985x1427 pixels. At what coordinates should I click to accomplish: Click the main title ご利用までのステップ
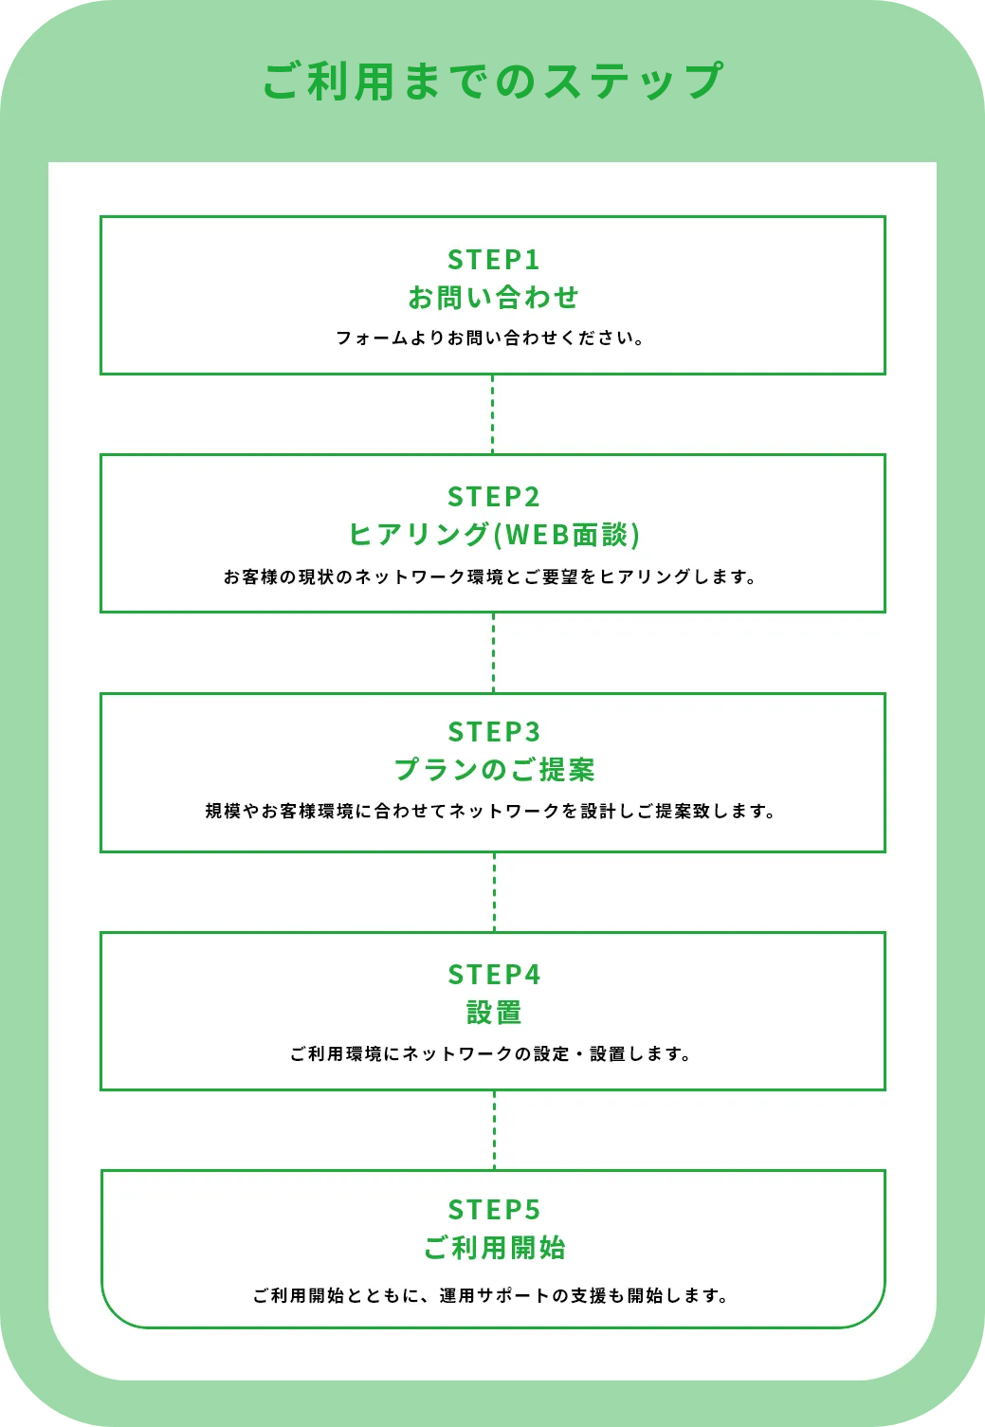(x=493, y=82)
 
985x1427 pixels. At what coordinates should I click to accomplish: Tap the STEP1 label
(x=494, y=259)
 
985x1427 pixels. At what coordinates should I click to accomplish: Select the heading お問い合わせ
(x=494, y=298)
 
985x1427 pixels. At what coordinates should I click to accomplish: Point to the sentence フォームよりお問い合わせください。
(x=490, y=338)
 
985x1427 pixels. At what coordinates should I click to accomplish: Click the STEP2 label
(x=494, y=497)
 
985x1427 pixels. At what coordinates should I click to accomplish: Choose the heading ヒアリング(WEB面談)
(x=494, y=535)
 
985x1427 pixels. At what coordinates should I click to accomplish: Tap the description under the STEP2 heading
(x=489, y=576)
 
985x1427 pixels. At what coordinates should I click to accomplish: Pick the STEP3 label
(x=494, y=732)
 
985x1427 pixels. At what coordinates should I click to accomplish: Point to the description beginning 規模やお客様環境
(x=490, y=811)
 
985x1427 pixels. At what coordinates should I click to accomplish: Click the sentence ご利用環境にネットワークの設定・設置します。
(x=490, y=1054)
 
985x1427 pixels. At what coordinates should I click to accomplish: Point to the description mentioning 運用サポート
(x=490, y=1296)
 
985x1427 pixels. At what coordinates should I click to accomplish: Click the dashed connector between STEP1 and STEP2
(x=493, y=414)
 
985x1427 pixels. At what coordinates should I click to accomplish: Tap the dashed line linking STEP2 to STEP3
(x=493, y=653)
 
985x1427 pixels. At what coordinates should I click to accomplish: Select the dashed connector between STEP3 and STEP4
(x=494, y=892)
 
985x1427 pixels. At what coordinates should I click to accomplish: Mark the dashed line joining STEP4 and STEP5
(x=494, y=1130)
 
